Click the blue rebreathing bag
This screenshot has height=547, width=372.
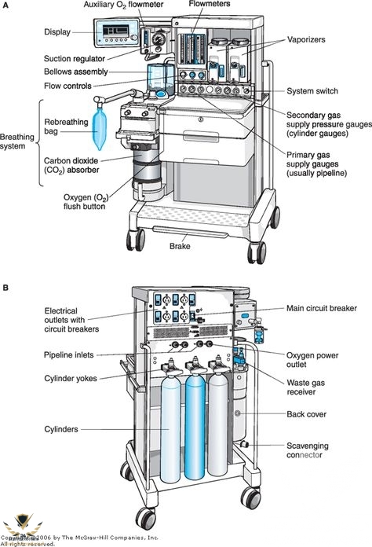(99, 128)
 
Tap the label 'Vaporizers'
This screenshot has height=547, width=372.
(306, 39)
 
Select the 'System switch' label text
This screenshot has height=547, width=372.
(312, 91)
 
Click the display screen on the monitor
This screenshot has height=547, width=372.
(115, 31)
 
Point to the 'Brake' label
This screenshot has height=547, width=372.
(180, 246)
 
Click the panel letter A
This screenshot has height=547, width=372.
(5, 6)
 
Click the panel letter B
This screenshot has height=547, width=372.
(5, 288)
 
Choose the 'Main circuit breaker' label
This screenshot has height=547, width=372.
(322, 308)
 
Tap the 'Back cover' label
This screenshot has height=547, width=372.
(307, 414)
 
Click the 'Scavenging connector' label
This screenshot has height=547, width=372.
(307, 450)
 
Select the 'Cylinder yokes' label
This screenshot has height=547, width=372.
(71, 379)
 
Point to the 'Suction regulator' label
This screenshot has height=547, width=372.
(75, 59)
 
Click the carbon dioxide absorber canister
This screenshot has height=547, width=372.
(146, 171)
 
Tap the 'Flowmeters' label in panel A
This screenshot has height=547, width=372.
(210, 4)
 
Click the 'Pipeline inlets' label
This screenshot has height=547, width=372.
(68, 355)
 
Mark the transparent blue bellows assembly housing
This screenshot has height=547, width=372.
(161, 81)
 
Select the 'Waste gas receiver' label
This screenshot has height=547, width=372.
(306, 387)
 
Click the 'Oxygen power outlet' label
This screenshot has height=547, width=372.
(312, 360)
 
